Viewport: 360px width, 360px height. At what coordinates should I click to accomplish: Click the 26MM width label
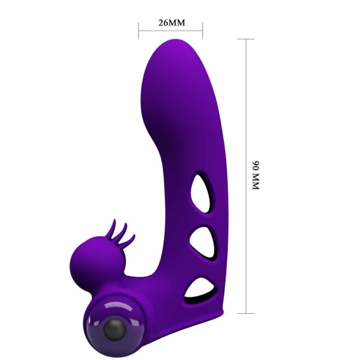tap(171, 22)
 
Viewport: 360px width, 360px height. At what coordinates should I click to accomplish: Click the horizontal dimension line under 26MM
tap(171, 31)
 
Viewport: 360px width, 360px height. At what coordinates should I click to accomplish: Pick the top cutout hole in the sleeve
tap(200, 193)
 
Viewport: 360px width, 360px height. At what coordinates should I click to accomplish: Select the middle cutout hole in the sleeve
tap(199, 238)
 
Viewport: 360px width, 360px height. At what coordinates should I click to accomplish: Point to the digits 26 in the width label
tap(163, 22)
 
